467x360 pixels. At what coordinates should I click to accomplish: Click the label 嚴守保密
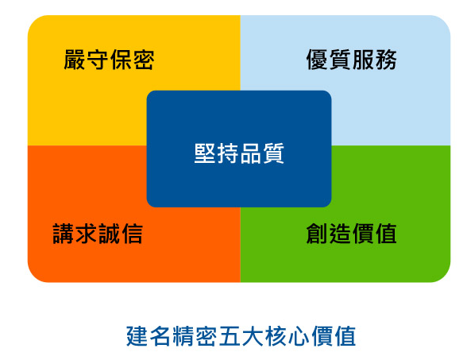pos(109,60)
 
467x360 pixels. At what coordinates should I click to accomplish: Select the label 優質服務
pos(351,60)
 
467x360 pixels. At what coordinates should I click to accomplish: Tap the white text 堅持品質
pos(239,153)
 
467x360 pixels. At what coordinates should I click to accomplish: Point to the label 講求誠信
pos(98,234)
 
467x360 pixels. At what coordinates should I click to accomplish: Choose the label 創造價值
pos(351,234)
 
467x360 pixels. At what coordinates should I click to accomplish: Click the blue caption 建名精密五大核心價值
pos(241,336)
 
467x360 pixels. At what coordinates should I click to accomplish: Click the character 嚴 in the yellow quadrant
pos(75,60)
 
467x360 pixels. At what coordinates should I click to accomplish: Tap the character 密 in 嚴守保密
pos(144,60)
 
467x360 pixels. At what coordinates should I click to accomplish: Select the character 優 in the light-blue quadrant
pos(317,60)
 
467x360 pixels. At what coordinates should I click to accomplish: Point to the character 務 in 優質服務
pos(386,60)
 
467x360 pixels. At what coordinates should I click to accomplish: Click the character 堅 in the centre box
pos(205,153)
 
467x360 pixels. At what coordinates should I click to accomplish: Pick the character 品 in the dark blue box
pos(251,153)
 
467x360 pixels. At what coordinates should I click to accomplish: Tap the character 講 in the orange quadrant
pos(64,234)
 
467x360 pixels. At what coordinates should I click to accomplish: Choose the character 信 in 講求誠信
pos(132,234)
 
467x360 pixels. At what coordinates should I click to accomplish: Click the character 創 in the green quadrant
pos(317,234)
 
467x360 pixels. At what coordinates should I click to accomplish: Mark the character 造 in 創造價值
pos(340,234)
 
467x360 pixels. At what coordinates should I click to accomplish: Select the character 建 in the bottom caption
pos(137,336)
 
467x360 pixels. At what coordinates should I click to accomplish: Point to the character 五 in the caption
pos(230,336)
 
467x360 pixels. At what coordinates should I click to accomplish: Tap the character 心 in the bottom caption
pos(299,336)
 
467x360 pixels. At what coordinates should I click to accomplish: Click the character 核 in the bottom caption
pos(276,336)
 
